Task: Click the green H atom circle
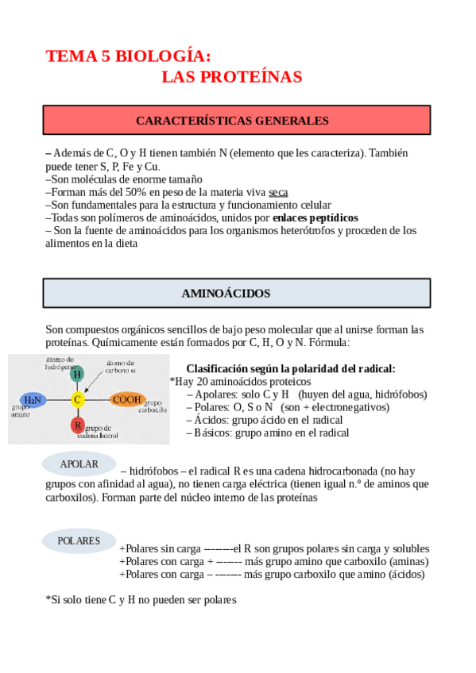[x=77, y=375]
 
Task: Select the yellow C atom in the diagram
[x=77, y=400]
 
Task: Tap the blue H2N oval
[x=33, y=400]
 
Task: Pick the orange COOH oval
[x=126, y=400]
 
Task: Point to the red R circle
[x=77, y=425]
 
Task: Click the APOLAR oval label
[x=79, y=463]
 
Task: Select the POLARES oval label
[x=79, y=541]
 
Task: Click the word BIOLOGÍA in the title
[x=164, y=56]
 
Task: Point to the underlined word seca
[x=278, y=192]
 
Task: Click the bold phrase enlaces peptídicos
[x=315, y=217]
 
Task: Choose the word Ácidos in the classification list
[x=211, y=420]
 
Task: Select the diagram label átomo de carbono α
[x=122, y=366]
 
